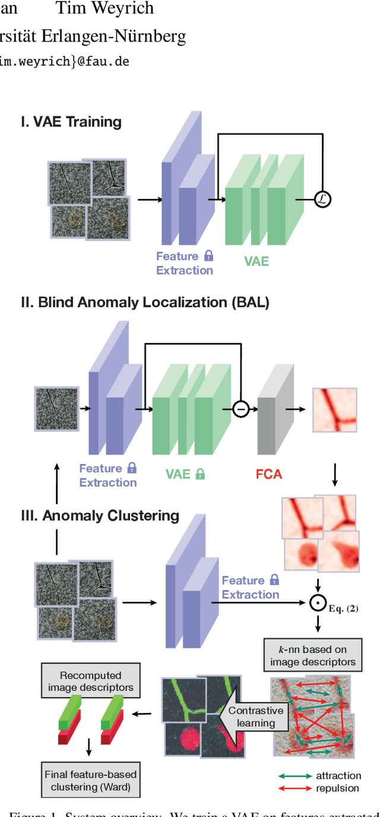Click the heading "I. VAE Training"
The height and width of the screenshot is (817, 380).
point(71,122)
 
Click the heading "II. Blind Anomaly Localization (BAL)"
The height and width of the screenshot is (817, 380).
point(145,302)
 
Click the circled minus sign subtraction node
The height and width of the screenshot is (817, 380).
point(240,409)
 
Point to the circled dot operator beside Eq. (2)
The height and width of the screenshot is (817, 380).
point(318,603)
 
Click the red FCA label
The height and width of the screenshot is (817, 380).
point(268,474)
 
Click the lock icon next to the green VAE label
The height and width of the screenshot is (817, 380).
point(201,474)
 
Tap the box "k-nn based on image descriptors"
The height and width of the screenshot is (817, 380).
point(313,655)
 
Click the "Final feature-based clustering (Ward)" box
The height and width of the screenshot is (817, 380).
point(91,781)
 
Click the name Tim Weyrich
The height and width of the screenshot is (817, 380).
point(104,8)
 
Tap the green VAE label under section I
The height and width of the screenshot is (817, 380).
point(256,261)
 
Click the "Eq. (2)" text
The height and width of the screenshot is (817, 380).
point(344,608)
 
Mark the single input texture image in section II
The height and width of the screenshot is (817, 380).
point(56,409)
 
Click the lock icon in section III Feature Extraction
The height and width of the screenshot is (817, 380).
point(274,580)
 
